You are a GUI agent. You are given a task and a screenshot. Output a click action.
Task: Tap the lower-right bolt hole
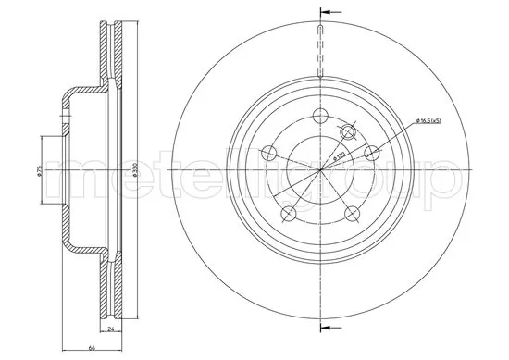pos(351,214)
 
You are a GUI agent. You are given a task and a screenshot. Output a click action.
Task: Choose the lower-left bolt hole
pos(288,214)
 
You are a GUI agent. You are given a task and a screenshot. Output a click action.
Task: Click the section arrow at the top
pos(325,12)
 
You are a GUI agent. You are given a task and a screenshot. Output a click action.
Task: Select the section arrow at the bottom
pos(325,327)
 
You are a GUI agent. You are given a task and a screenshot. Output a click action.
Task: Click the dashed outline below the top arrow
pos(319,51)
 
